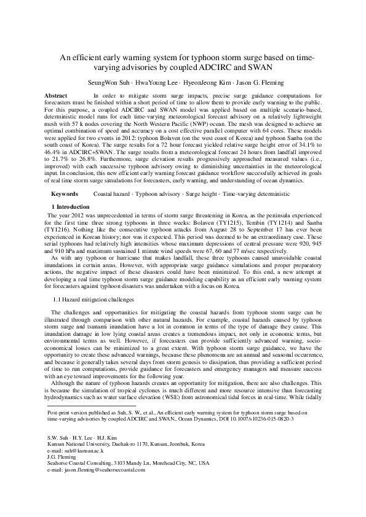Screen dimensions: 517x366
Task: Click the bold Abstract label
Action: (57, 96)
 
